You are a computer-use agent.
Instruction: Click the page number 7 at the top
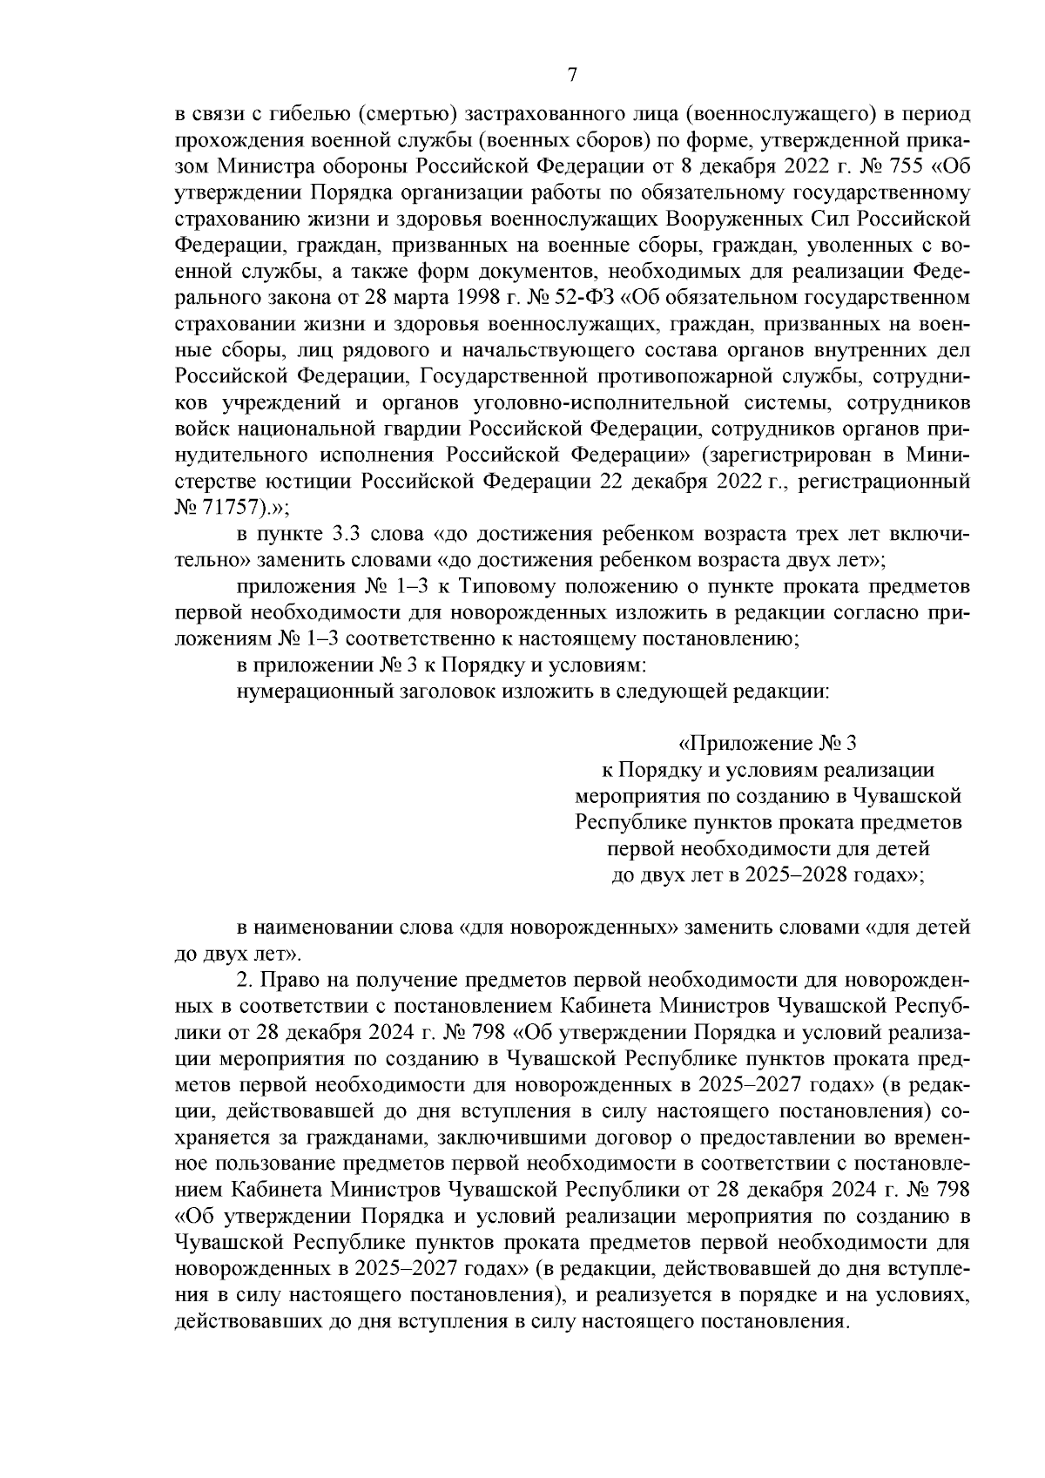572,75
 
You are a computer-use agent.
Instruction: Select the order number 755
902,164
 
